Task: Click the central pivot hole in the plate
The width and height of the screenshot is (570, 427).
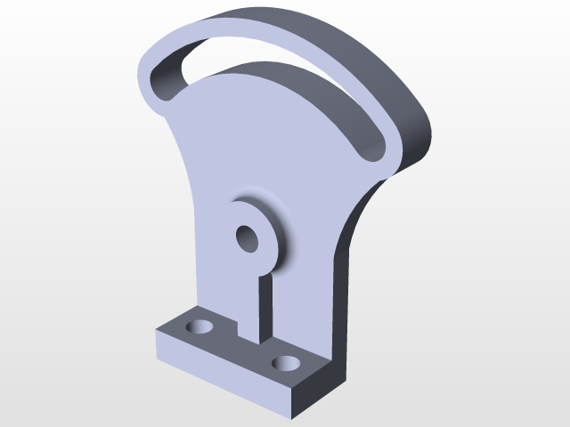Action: point(247,238)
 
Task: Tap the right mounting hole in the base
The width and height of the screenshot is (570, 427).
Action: point(286,362)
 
